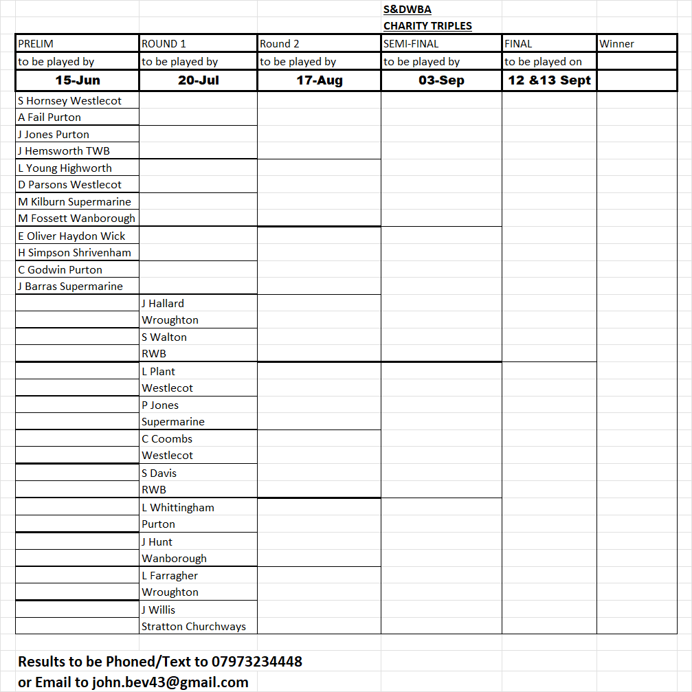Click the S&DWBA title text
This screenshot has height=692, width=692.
pyautogui.click(x=408, y=10)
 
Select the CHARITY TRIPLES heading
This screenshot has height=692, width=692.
pyautogui.click(x=427, y=26)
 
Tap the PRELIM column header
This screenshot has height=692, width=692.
pyautogui.click(x=36, y=43)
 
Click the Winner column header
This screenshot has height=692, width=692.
pyautogui.click(x=616, y=43)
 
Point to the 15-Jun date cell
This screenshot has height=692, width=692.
pyautogui.click(x=78, y=80)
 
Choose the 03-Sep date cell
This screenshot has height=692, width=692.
pyautogui.click(x=441, y=80)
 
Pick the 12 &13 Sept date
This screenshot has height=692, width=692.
pyautogui.click(x=549, y=80)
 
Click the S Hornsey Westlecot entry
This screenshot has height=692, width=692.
pyautogui.click(x=69, y=100)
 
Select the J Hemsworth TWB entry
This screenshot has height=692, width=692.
pyautogui.click(x=64, y=150)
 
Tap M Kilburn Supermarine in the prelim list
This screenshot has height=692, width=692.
pyautogui.click(x=74, y=201)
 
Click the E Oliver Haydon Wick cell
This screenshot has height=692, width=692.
pyautogui.click(x=71, y=236)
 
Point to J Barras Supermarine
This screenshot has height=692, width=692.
pyautogui.click(x=70, y=286)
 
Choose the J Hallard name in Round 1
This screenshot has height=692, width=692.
pyautogui.click(x=163, y=303)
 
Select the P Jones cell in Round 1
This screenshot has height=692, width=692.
pyautogui.click(x=160, y=405)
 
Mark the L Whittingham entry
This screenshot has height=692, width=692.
pyautogui.click(x=178, y=507)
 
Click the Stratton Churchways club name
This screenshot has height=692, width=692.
pyautogui.click(x=194, y=626)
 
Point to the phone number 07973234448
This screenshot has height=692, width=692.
pyautogui.click(x=257, y=662)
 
